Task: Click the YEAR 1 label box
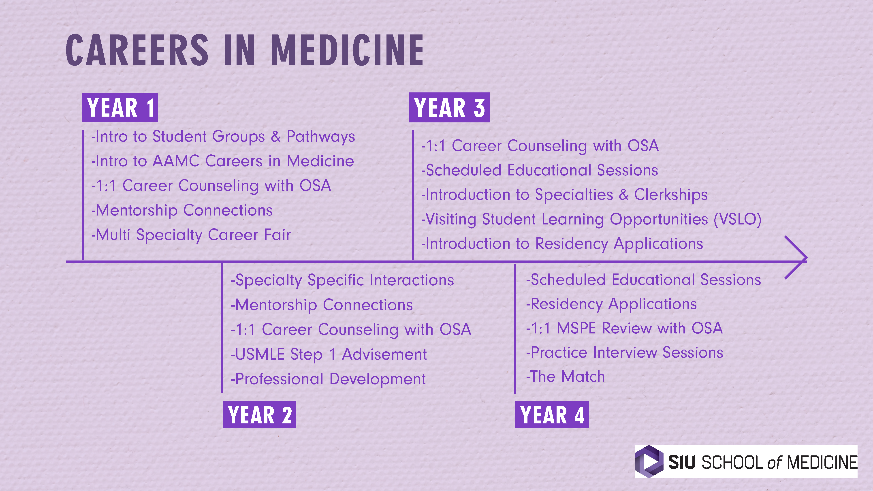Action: [x=120, y=107]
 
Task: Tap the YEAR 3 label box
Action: [x=449, y=107]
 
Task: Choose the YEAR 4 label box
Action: [x=552, y=414]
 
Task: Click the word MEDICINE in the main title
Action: [x=347, y=50]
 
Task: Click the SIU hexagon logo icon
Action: [x=649, y=461]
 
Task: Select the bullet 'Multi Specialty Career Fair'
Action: [x=191, y=235]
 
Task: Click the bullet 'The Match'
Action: [x=565, y=376]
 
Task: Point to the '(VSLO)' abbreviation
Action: [x=737, y=219]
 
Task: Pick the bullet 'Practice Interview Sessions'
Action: [x=625, y=352]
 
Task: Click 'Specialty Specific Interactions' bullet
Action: [x=342, y=280]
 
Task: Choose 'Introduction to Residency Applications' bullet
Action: [x=562, y=244]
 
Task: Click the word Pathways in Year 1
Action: [x=321, y=137]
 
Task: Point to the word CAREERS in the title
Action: [x=137, y=50]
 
